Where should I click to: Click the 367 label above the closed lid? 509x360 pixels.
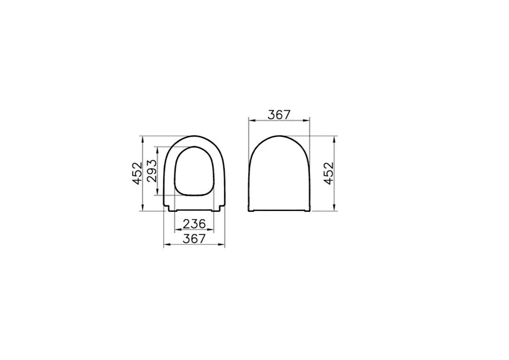click(279, 114)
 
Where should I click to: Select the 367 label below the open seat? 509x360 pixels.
click(194, 239)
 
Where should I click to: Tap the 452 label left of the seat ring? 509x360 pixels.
click(137, 173)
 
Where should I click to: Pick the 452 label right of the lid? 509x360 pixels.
click(328, 173)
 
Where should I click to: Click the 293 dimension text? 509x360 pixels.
click(151, 171)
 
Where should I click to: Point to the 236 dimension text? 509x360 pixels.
click(194, 224)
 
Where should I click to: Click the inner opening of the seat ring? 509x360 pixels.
click(195, 170)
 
